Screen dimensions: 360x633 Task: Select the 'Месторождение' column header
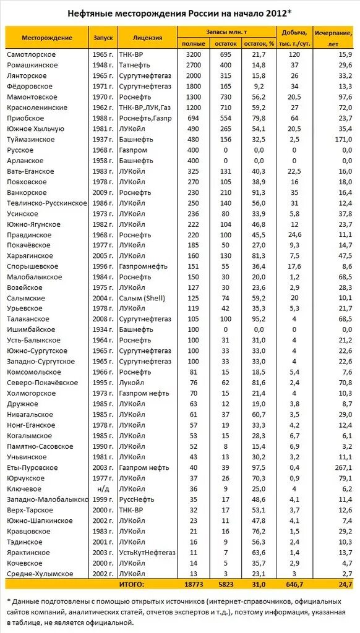[47, 38]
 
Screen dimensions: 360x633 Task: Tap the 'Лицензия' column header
[147, 38]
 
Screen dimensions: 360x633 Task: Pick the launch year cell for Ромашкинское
[103, 65]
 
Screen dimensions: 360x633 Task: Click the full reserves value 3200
[194, 55]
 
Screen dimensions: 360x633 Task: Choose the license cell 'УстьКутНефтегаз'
[147, 553]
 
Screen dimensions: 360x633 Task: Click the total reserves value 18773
[194, 584]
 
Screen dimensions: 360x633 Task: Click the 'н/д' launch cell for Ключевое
[103, 488]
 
